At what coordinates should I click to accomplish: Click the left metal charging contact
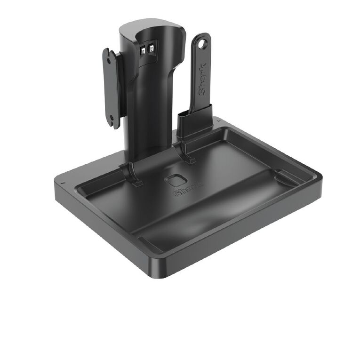(x=143, y=50)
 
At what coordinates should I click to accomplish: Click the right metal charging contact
(x=151, y=48)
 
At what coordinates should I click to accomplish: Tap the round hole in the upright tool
(x=202, y=44)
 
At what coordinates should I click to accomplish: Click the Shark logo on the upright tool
(x=202, y=79)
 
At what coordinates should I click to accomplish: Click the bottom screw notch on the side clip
(x=112, y=118)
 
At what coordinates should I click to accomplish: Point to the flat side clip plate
(x=111, y=88)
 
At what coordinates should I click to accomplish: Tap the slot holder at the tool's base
(x=194, y=120)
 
